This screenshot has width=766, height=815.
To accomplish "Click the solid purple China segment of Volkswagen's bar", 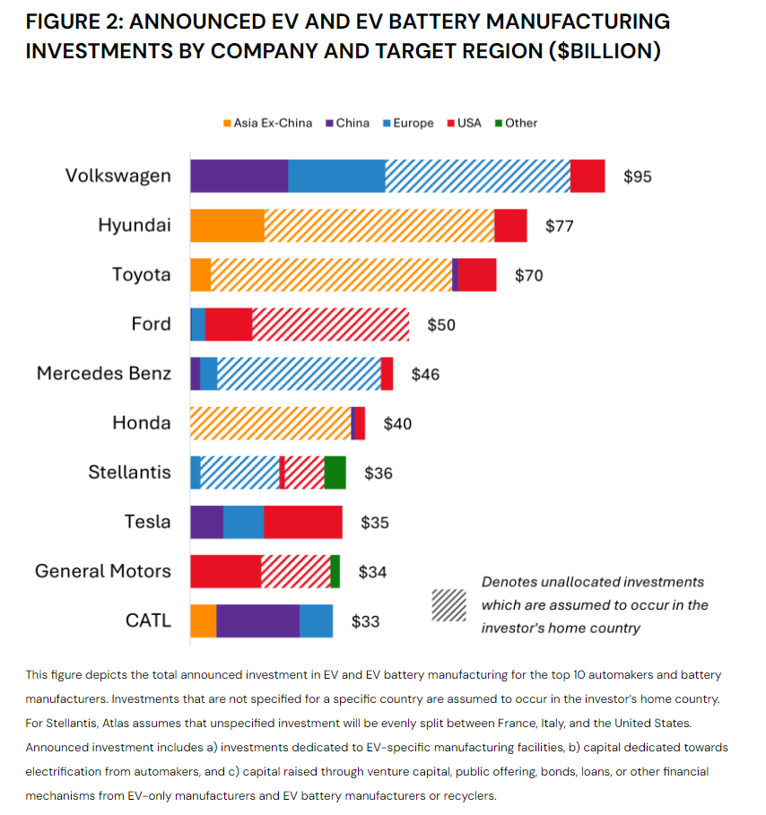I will tap(239, 176).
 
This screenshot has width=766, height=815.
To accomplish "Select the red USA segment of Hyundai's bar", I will tap(510, 225).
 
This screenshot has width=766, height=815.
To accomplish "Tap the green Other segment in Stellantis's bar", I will tap(335, 473).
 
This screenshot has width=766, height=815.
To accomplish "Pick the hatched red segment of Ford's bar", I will tap(330, 325).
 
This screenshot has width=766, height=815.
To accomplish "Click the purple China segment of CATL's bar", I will tap(257, 620).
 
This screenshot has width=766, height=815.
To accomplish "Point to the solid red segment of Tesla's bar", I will tap(302, 522).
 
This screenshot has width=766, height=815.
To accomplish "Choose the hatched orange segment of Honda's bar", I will tap(270, 423).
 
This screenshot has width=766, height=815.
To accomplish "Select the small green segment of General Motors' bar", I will tap(335, 571).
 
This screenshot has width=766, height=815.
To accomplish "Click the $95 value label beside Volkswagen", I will tap(638, 177).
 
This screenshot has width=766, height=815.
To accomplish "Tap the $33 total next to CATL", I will tap(365, 620).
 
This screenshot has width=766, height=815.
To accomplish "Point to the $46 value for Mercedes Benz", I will tap(425, 374).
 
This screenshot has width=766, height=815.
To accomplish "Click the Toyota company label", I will tap(141, 274).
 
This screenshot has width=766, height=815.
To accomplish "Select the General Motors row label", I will tap(102, 571).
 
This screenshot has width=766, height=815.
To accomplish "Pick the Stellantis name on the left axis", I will tap(129, 473).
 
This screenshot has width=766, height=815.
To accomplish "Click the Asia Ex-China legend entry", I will tap(267, 123).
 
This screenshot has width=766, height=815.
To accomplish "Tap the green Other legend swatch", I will tap(499, 123).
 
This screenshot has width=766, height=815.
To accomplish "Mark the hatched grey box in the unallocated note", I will tap(448, 605).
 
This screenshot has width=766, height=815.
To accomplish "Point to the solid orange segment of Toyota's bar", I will tap(200, 274).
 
